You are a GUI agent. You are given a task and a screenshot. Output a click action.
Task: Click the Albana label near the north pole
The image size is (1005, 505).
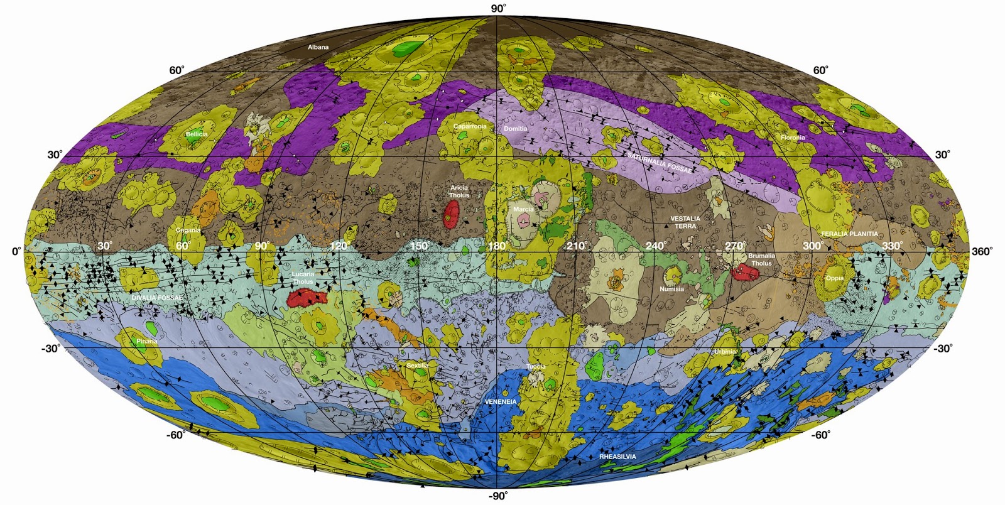coord(318,47)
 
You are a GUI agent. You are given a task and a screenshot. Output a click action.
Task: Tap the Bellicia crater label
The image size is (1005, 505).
coord(197,134)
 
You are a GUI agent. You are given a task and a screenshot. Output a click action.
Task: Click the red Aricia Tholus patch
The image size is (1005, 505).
coord(450,214)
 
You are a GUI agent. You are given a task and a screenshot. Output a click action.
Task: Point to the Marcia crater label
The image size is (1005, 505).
coord(523,209)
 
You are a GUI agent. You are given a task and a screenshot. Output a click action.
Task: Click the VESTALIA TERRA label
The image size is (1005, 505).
coord(685,222)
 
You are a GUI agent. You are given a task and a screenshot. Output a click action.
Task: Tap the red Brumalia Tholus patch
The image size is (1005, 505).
coord(746,272)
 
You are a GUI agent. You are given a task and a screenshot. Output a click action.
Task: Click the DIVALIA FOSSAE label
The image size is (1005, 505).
coord(156,298)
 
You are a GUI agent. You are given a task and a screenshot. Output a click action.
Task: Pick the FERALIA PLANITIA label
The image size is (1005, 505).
coord(849,234)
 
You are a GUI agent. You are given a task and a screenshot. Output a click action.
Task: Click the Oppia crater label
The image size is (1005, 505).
coord(834,278)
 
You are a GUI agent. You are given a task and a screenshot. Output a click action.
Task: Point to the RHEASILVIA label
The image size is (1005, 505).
coord(617,457)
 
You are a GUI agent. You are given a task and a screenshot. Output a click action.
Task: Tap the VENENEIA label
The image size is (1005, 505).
coord(501,401)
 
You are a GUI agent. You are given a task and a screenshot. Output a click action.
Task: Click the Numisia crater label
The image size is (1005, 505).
coord(671,289)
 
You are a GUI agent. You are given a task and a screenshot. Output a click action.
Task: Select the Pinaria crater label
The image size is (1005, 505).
coord(146,341)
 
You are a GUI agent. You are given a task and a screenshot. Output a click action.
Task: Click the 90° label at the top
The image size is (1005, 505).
coord(498,8)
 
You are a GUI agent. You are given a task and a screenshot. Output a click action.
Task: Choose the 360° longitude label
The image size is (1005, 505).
coord(982,251)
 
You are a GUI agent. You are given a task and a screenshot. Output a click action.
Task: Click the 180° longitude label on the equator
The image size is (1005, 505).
coord(497,246)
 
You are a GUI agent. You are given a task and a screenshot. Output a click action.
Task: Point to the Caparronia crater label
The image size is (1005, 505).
coord(470,126)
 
